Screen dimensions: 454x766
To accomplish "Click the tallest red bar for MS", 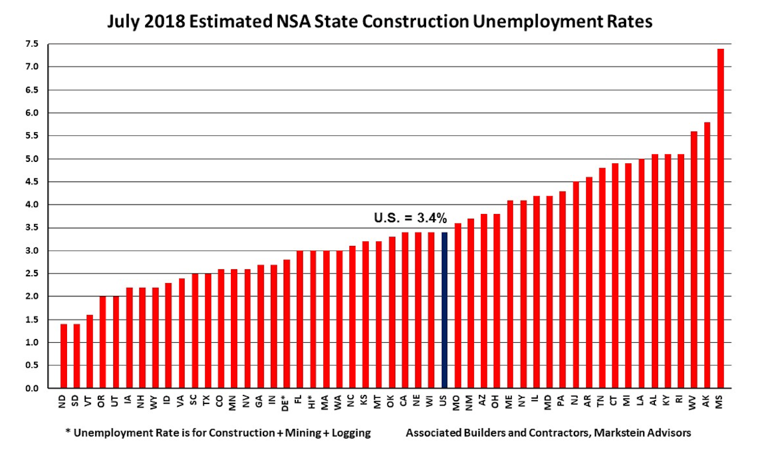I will tap(720, 218).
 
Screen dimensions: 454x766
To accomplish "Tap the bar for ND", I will tap(63, 356).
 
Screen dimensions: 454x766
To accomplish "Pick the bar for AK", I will tap(707, 255).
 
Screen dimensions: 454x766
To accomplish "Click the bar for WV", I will tap(694, 259).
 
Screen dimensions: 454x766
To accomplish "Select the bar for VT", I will tap(90, 351).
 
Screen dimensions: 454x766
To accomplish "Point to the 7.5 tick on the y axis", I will tap(31, 44).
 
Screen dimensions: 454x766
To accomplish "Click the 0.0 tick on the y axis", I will tap(31, 388).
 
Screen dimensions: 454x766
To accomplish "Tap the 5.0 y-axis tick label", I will tap(31, 159).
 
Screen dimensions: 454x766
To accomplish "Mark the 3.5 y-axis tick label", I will tap(31, 227).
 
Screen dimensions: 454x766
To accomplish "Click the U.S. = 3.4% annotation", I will tap(410, 218).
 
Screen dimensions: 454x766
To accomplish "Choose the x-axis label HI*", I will tap(313, 402).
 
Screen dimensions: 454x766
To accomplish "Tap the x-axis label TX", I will tap(207, 401).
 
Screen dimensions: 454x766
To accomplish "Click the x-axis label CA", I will tap(405, 401).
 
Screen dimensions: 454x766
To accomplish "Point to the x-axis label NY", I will tap(523, 401).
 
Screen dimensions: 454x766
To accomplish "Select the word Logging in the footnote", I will tap(351, 433).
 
